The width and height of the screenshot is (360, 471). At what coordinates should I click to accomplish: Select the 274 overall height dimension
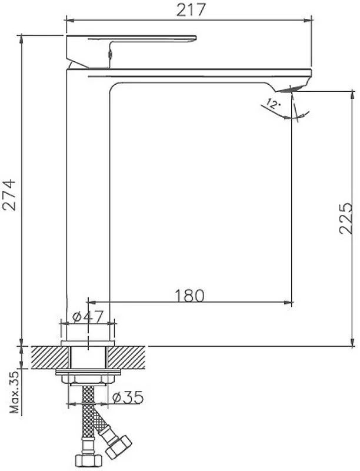coord(8,195)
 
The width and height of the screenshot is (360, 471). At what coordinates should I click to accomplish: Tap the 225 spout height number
coord(346,218)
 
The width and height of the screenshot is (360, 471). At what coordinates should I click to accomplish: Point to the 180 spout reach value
coord(189,296)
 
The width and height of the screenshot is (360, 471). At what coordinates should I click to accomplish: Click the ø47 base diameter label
coord(88,316)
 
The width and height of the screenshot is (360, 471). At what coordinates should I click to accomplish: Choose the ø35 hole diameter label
coord(128,398)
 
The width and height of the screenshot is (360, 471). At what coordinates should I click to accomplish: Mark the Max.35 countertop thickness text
coord(14,392)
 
